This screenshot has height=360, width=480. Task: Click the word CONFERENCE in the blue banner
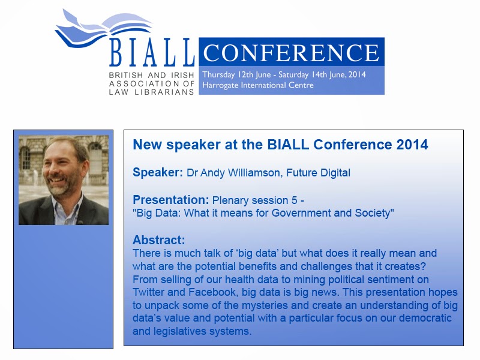point(292,53)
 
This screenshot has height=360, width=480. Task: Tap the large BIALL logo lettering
point(152,53)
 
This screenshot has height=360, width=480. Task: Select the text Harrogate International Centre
point(258,85)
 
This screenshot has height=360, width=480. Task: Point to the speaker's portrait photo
point(64,180)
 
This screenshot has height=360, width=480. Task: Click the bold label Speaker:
point(158,173)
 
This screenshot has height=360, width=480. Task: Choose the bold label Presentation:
point(170,200)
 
